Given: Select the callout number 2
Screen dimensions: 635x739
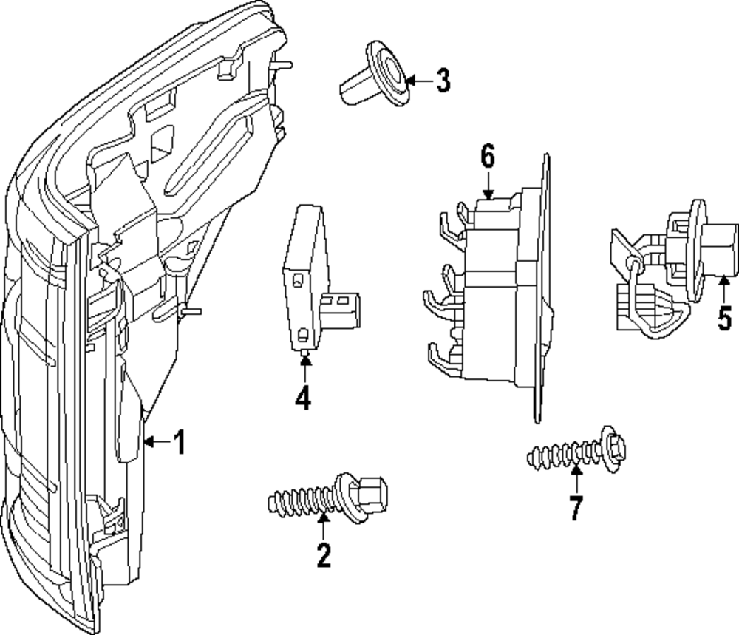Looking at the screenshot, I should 324,554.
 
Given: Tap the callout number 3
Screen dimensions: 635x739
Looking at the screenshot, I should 442,81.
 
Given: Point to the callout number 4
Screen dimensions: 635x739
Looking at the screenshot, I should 302,398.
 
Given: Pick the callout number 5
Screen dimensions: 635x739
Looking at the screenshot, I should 724,318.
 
